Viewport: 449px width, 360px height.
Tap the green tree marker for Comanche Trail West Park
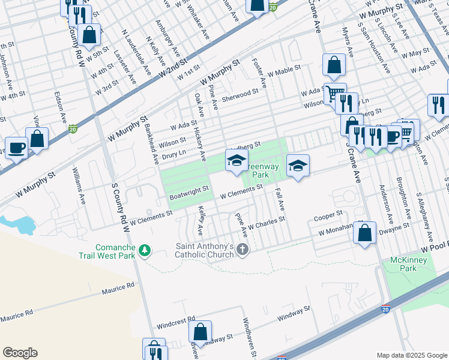click(144, 250)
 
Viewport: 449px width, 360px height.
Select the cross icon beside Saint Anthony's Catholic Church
click(242, 250)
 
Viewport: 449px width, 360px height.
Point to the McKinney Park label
click(403, 264)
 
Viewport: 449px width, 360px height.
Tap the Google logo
click(20, 353)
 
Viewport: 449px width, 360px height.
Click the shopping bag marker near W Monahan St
click(364, 233)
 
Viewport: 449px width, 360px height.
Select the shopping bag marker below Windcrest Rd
click(200, 331)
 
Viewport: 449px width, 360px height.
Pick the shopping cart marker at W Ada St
click(335, 93)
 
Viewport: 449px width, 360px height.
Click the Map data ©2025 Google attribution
click(411, 355)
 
